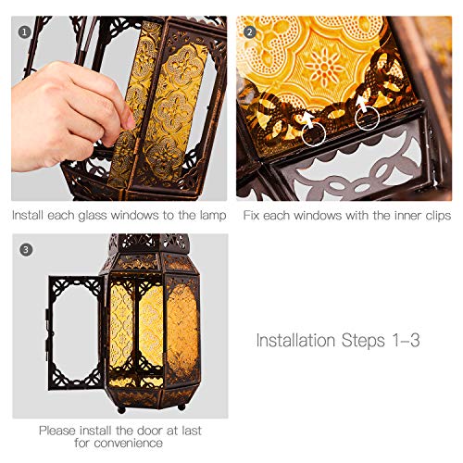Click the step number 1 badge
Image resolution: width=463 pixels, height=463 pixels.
tap(24, 32)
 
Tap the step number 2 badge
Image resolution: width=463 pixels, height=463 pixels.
tap(250, 32)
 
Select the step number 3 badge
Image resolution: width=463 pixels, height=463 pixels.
tap(26, 249)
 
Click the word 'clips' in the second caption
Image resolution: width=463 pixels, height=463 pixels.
tap(438, 216)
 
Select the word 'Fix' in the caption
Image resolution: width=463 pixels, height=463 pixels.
tap(251, 215)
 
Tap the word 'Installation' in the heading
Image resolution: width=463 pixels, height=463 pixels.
tap(295, 340)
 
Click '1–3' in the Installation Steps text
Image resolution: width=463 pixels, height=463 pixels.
tap(406, 341)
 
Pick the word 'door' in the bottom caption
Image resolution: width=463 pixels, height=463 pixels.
tap(150, 431)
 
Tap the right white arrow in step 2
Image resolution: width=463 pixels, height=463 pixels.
tap(362, 104)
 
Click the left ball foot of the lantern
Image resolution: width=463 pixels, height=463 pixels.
tap(122, 410)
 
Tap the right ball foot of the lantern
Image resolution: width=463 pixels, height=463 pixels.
tap(181, 407)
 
